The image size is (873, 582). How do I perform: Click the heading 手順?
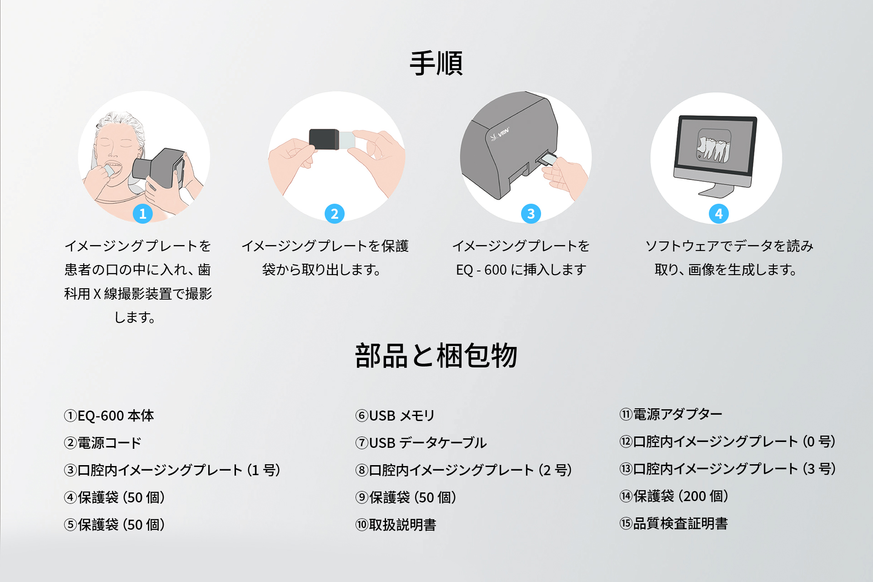(x=436, y=63)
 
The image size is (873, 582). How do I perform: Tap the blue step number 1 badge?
(x=143, y=214)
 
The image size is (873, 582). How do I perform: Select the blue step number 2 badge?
(x=335, y=214)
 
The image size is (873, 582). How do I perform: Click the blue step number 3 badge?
(x=531, y=214)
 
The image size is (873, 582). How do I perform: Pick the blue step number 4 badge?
(x=719, y=214)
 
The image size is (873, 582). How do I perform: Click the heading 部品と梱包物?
(x=436, y=356)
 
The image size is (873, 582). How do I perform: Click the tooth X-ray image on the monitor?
(x=714, y=145)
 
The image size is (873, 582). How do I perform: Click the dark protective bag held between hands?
(x=324, y=139)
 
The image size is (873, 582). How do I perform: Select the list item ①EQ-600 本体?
(x=109, y=416)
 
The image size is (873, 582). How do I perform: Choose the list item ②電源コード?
(x=103, y=443)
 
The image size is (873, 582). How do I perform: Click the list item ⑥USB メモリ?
(x=395, y=416)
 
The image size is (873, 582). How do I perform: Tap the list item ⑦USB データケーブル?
(x=421, y=443)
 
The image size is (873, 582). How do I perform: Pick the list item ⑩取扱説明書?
(x=396, y=525)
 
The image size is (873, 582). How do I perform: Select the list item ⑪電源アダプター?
(x=671, y=414)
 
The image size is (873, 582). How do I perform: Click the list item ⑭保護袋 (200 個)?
(x=674, y=496)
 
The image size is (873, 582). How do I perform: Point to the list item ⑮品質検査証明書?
(x=673, y=523)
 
